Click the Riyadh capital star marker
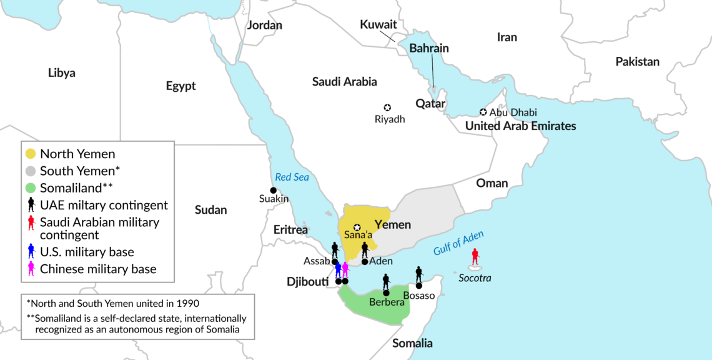[x=387, y=107]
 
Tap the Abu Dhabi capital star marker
[x=483, y=112]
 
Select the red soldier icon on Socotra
[x=475, y=256]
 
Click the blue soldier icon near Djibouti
[x=338, y=269]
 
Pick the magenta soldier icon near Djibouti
[x=345, y=269]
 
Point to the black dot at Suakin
[x=273, y=190]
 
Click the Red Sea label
[x=292, y=177]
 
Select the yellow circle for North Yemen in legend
[x=31, y=154]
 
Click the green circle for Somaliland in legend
[x=31, y=187]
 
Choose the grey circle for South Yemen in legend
[x=31, y=171]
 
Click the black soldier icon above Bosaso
[x=419, y=274]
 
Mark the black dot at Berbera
[x=386, y=292]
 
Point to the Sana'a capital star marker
[x=357, y=227]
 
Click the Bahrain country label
[x=428, y=48]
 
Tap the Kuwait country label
[x=378, y=24]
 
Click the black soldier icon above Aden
[x=365, y=250]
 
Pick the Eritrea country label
[x=291, y=230]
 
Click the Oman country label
[x=492, y=183]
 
